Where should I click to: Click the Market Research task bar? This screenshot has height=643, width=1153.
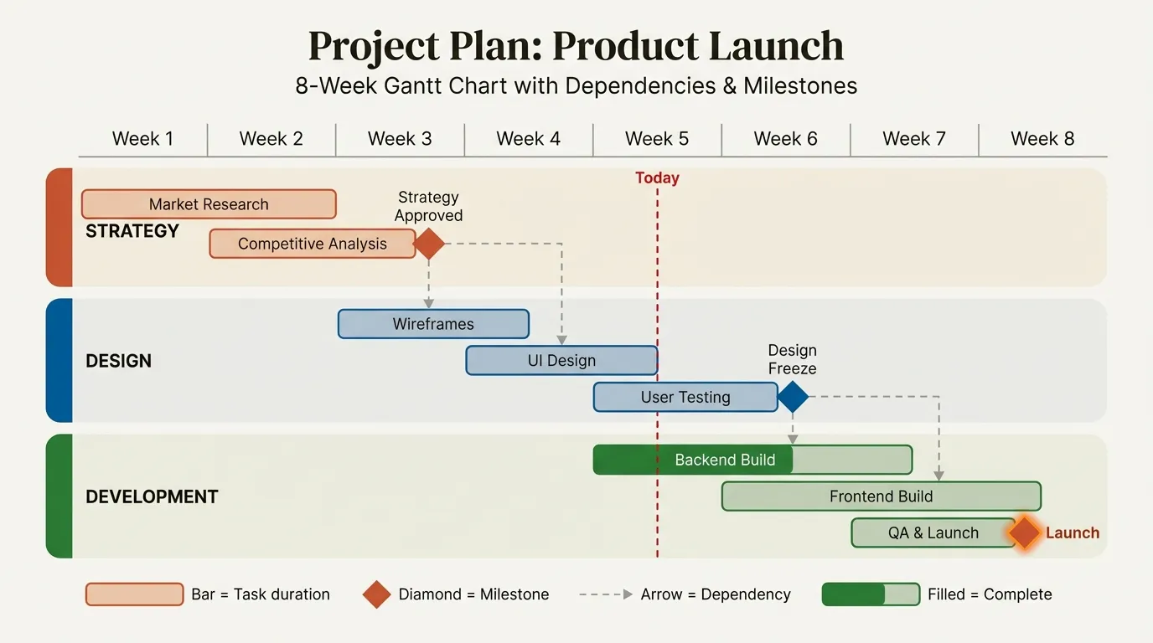(209, 204)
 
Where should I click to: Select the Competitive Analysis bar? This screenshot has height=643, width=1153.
(312, 244)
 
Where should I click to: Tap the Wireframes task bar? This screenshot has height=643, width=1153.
(433, 324)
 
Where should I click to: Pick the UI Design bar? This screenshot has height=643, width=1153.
(561, 361)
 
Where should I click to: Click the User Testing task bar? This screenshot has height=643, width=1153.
(685, 398)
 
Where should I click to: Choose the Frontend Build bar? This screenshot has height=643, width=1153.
(881, 496)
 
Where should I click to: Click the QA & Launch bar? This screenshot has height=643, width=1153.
(933, 533)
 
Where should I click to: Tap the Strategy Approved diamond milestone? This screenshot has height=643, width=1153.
(429, 244)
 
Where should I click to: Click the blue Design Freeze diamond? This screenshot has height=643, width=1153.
(793, 398)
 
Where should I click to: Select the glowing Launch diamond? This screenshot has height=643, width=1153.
(1024, 533)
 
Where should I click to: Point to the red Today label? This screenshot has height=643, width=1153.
(657, 177)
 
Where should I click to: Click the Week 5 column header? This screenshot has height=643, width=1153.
(657, 139)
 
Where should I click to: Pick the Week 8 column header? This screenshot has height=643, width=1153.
(1042, 139)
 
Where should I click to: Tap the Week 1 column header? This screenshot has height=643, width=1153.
(142, 139)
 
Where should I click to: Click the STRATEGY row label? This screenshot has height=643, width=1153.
(132, 231)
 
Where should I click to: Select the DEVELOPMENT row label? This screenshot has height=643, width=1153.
(152, 496)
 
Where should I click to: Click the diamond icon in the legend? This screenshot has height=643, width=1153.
(377, 594)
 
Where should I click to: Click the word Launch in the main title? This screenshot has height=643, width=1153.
(775, 46)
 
